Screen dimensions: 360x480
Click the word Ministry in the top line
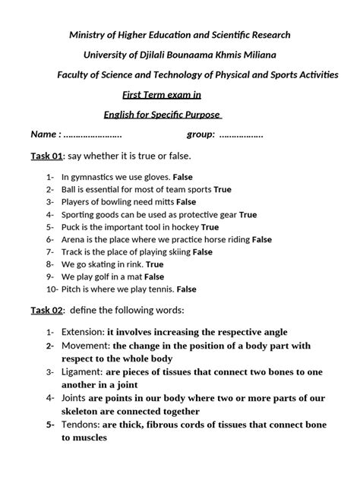88,35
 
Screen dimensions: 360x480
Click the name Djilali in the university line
173,55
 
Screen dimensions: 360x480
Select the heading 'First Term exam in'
162,94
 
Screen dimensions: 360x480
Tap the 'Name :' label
46,134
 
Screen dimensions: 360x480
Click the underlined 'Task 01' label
46,156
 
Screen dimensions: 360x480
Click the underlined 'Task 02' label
46,310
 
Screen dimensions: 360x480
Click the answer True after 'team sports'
223,189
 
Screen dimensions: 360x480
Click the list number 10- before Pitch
52,289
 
